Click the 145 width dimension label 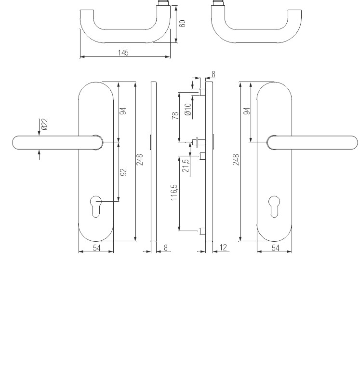123,53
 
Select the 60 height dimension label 183,23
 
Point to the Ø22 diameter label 44,124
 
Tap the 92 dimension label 123,172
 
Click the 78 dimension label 175,115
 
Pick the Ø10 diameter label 188,109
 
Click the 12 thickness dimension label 223,248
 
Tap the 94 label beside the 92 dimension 123,111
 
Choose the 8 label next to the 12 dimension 166,248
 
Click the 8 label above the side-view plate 213,74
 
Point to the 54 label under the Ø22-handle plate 96,248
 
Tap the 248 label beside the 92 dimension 140,160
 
